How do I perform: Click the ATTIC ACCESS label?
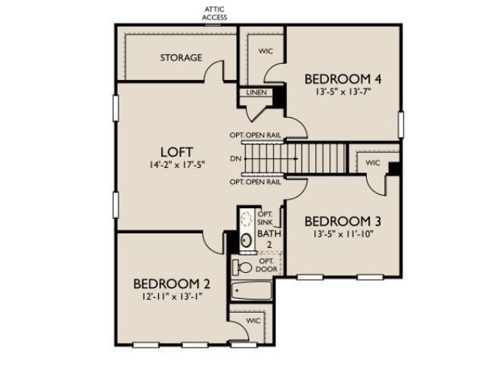[x=214, y=13]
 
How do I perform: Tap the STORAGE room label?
[x=181, y=58]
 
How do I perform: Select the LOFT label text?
[x=176, y=150]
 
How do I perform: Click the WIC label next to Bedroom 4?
[x=266, y=52]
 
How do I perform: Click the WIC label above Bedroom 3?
[x=372, y=163]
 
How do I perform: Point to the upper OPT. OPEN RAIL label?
[x=256, y=135]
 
